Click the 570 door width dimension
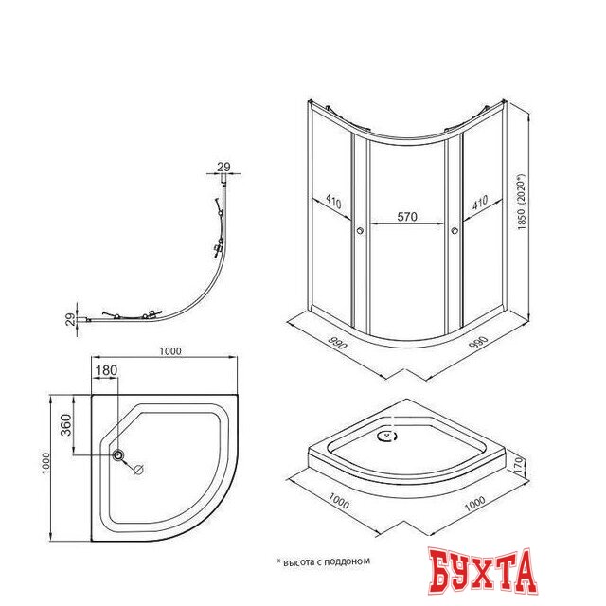pyautogui.click(x=407, y=217)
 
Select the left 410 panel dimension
pyautogui.click(x=333, y=202)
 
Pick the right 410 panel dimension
pyautogui.click(x=480, y=202)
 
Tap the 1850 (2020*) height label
pyautogui.click(x=522, y=202)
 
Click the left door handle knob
pyautogui.click(x=360, y=231)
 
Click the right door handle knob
pyautogui.click(x=454, y=231)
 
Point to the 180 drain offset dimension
pyautogui.click(x=106, y=370)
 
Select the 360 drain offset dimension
pyautogui.click(x=66, y=425)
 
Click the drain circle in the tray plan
pyautogui.click(x=118, y=454)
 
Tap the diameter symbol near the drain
pyautogui.click(x=138, y=470)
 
